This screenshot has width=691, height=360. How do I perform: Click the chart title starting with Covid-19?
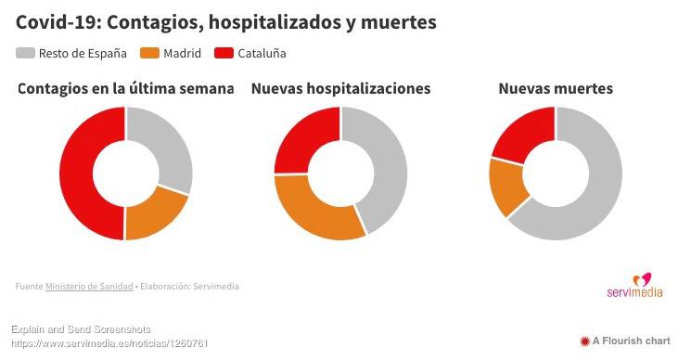226,22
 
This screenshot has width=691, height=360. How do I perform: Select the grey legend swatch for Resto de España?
25,54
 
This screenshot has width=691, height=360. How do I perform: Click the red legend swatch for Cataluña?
224,54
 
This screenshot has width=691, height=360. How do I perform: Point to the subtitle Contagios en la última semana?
125,89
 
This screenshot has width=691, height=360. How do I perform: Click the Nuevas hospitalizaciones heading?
340,89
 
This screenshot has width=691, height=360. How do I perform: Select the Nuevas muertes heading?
556,89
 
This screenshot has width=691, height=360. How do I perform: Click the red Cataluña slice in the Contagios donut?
76,174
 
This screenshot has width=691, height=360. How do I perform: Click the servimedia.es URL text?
109,343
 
